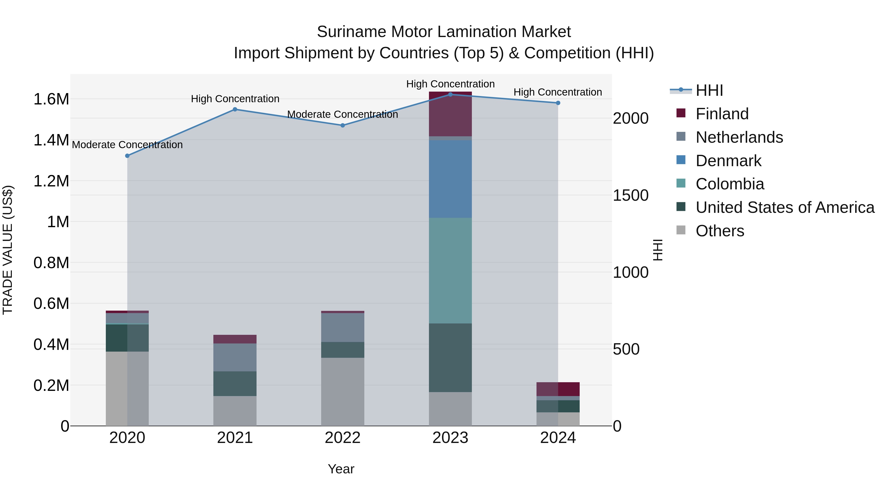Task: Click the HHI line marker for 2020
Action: pyautogui.click(x=127, y=156)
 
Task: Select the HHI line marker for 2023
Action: pyautogui.click(x=450, y=94)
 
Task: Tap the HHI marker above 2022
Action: pyautogui.click(x=343, y=125)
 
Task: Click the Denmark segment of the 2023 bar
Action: pyautogui.click(x=450, y=179)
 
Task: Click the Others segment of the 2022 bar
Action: pyautogui.click(x=343, y=391)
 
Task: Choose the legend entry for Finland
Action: pyautogui.click(x=722, y=114)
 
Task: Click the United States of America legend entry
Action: pyautogui.click(x=785, y=207)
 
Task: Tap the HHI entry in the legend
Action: pyautogui.click(x=709, y=90)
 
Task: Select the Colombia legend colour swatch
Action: pyautogui.click(x=681, y=183)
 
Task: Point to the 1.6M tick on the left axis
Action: pyautogui.click(x=51, y=99)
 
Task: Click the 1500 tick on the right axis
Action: pyautogui.click(x=630, y=195)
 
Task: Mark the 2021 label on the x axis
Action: pyautogui.click(x=235, y=438)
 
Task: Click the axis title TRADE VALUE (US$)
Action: pyautogui.click(x=8, y=250)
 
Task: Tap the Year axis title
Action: pyautogui.click(x=341, y=469)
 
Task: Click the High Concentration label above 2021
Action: pyautogui.click(x=235, y=99)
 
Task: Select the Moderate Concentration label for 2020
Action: pyautogui.click(x=127, y=145)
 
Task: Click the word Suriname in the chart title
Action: pyautogui.click(x=351, y=32)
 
